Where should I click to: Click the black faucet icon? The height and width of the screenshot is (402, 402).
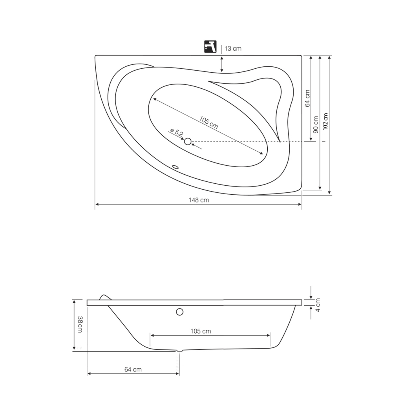click(x=210, y=47)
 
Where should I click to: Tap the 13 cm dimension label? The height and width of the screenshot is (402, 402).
click(x=233, y=48)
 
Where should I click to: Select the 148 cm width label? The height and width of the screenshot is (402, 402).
click(x=199, y=200)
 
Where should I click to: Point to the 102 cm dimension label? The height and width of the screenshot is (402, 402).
click(x=325, y=122)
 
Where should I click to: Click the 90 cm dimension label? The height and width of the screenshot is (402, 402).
click(x=316, y=124)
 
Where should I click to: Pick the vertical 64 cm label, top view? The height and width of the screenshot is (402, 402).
click(x=307, y=98)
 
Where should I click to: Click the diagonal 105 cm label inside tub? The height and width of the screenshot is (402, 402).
click(x=209, y=122)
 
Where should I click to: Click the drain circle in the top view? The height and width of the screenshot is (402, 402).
click(x=188, y=141)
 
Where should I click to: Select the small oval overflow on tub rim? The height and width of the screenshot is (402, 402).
click(x=175, y=167)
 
